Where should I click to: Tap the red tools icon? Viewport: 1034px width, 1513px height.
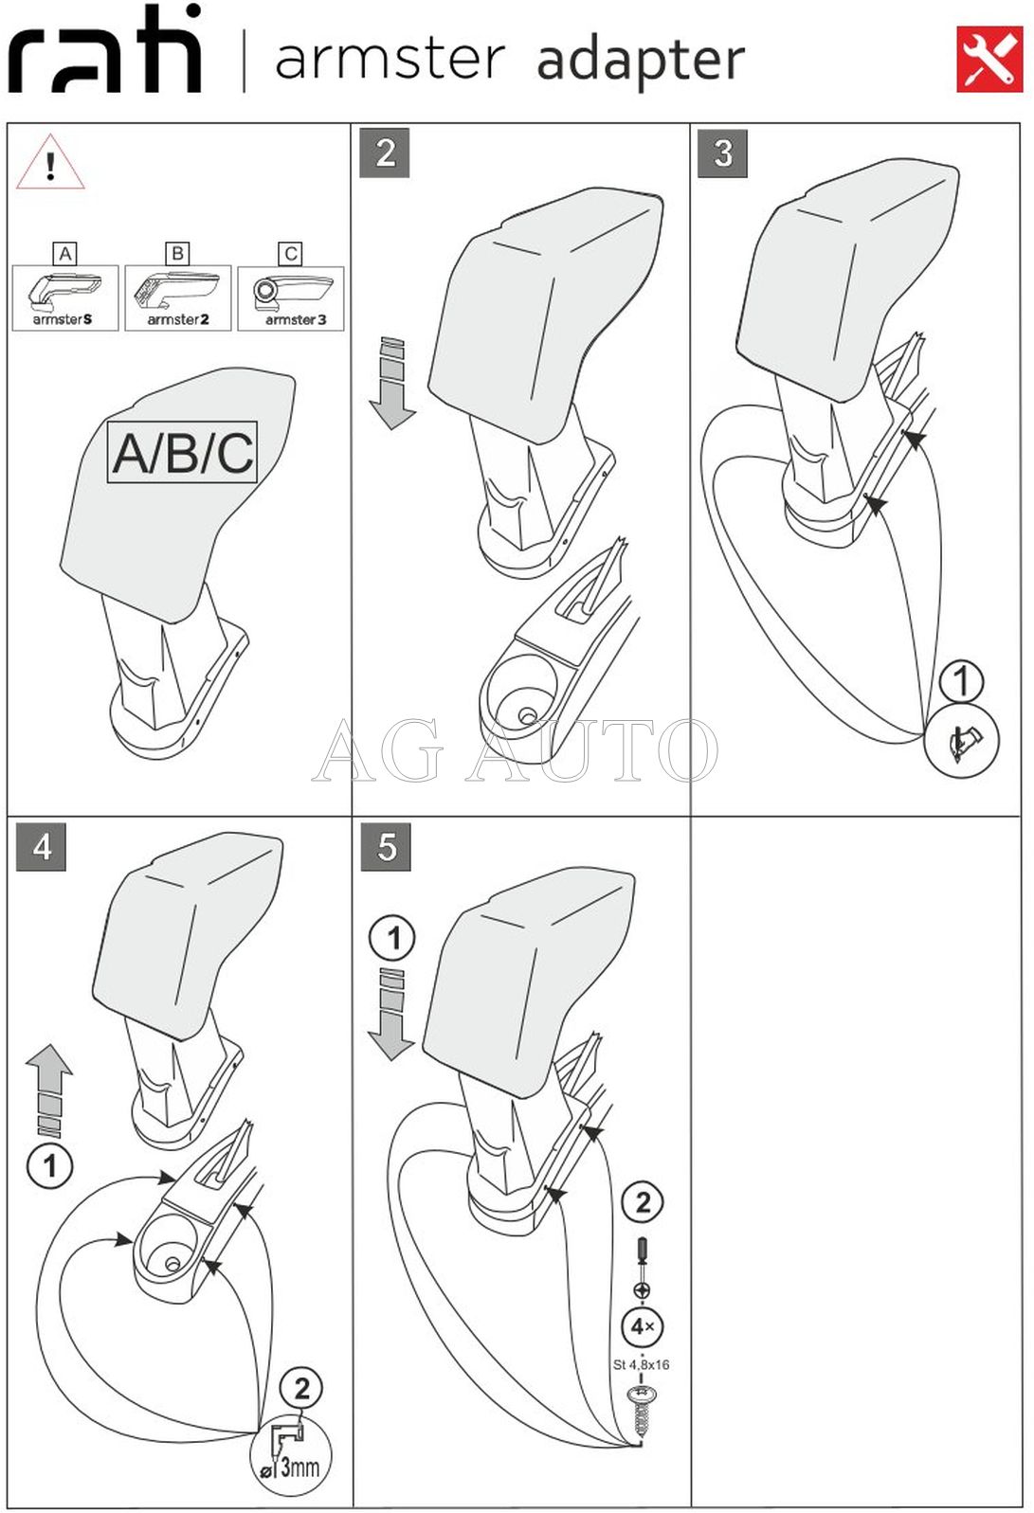(989, 60)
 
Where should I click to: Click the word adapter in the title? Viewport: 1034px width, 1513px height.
(640, 61)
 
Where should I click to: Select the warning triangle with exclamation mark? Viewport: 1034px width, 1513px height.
(50, 162)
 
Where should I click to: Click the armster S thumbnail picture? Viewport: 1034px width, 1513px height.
(64, 297)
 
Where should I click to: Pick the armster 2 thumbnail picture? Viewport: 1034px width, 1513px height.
(178, 297)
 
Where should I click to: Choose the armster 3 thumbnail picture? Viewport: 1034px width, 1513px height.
(291, 297)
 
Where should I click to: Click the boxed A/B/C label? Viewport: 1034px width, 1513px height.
(183, 453)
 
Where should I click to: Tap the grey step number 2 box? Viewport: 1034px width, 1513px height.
(385, 153)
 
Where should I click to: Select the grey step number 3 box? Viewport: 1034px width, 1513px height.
(723, 153)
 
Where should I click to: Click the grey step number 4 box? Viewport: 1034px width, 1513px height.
(41, 846)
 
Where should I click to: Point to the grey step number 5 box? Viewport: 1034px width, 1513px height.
(386, 846)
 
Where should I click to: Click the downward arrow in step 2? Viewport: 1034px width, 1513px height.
(392, 383)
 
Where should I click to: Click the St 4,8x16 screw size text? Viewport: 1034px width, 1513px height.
(641, 1364)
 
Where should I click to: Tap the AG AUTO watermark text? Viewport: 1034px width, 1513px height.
(515, 749)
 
